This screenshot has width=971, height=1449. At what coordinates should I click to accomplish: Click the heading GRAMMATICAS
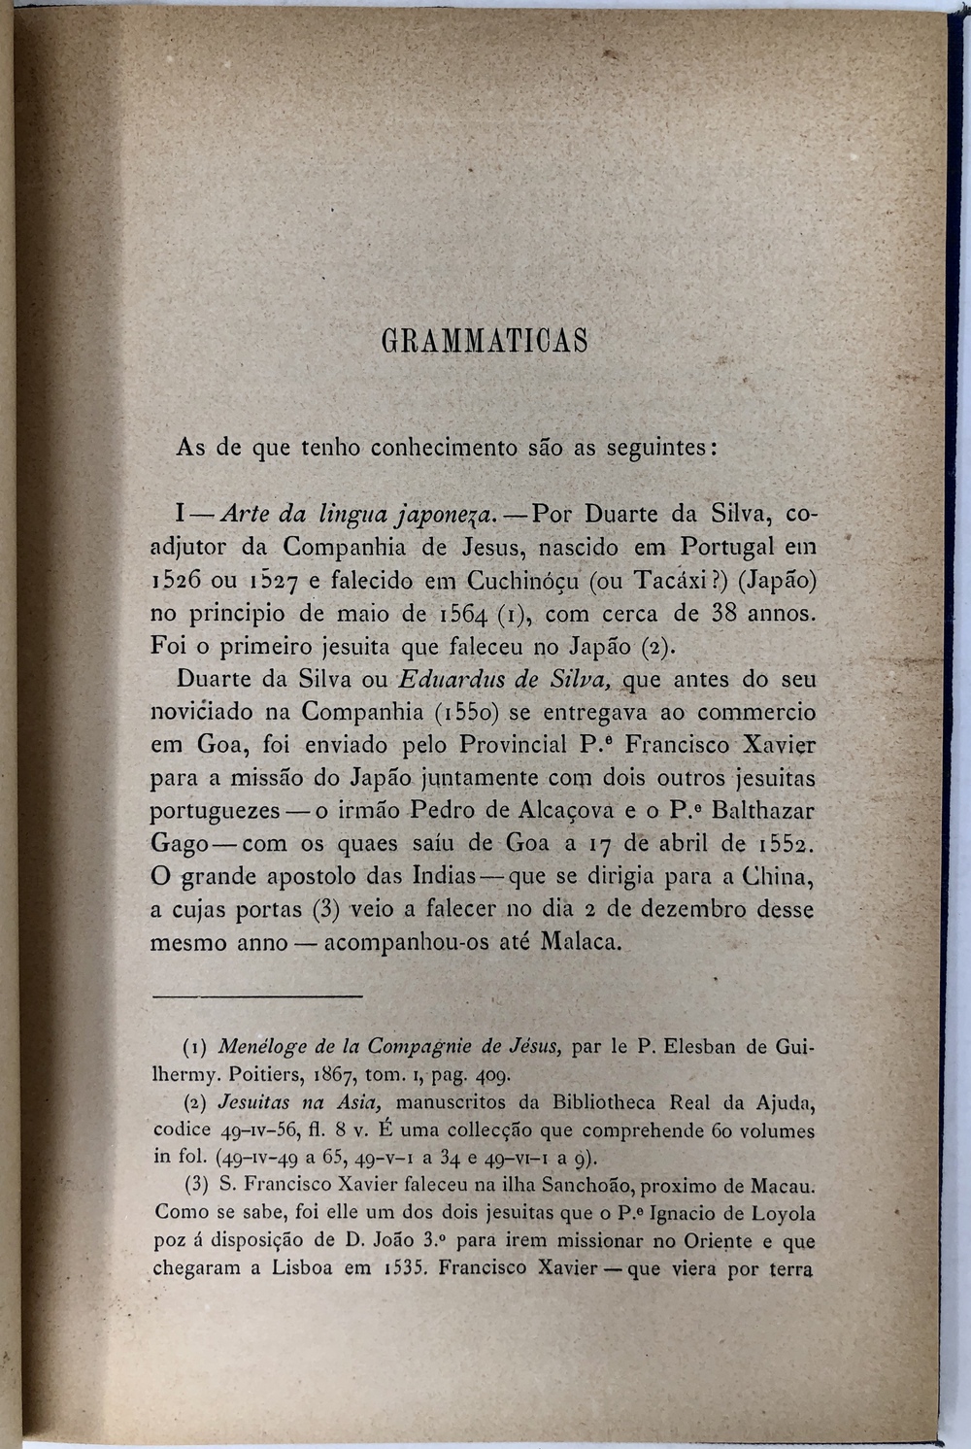click(x=485, y=342)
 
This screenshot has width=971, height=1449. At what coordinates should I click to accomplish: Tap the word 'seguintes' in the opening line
click(x=661, y=448)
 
